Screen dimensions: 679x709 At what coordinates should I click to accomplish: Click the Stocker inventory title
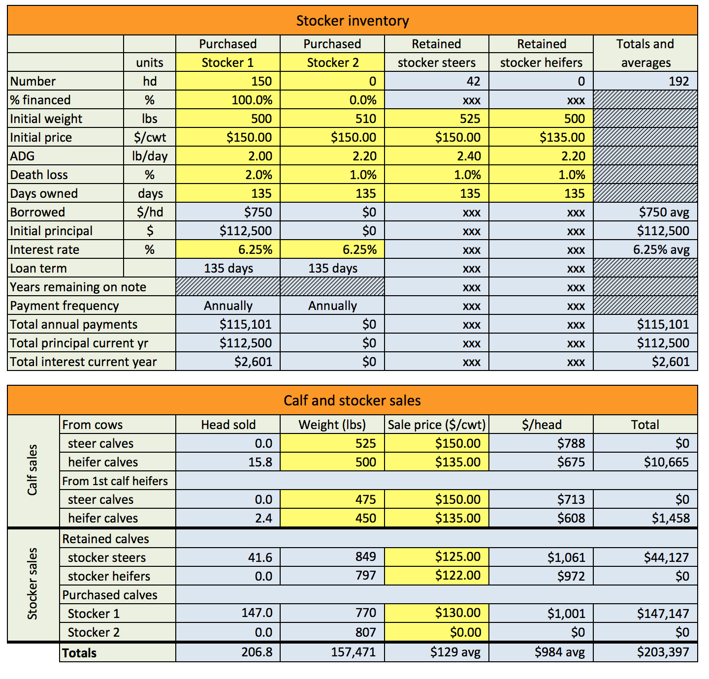tap(353, 21)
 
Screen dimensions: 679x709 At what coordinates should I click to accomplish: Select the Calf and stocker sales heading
tap(353, 401)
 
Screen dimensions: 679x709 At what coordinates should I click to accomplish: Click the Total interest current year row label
tap(83, 362)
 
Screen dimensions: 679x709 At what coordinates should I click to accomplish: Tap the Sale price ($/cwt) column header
tap(437, 425)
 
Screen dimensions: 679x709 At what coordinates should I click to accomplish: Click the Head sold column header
tap(228, 425)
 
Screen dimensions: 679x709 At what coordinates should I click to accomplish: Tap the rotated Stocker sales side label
tap(32, 584)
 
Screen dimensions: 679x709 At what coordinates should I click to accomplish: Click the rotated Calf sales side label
tap(32, 470)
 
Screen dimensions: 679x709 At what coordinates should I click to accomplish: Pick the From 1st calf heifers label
tap(115, 481)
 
